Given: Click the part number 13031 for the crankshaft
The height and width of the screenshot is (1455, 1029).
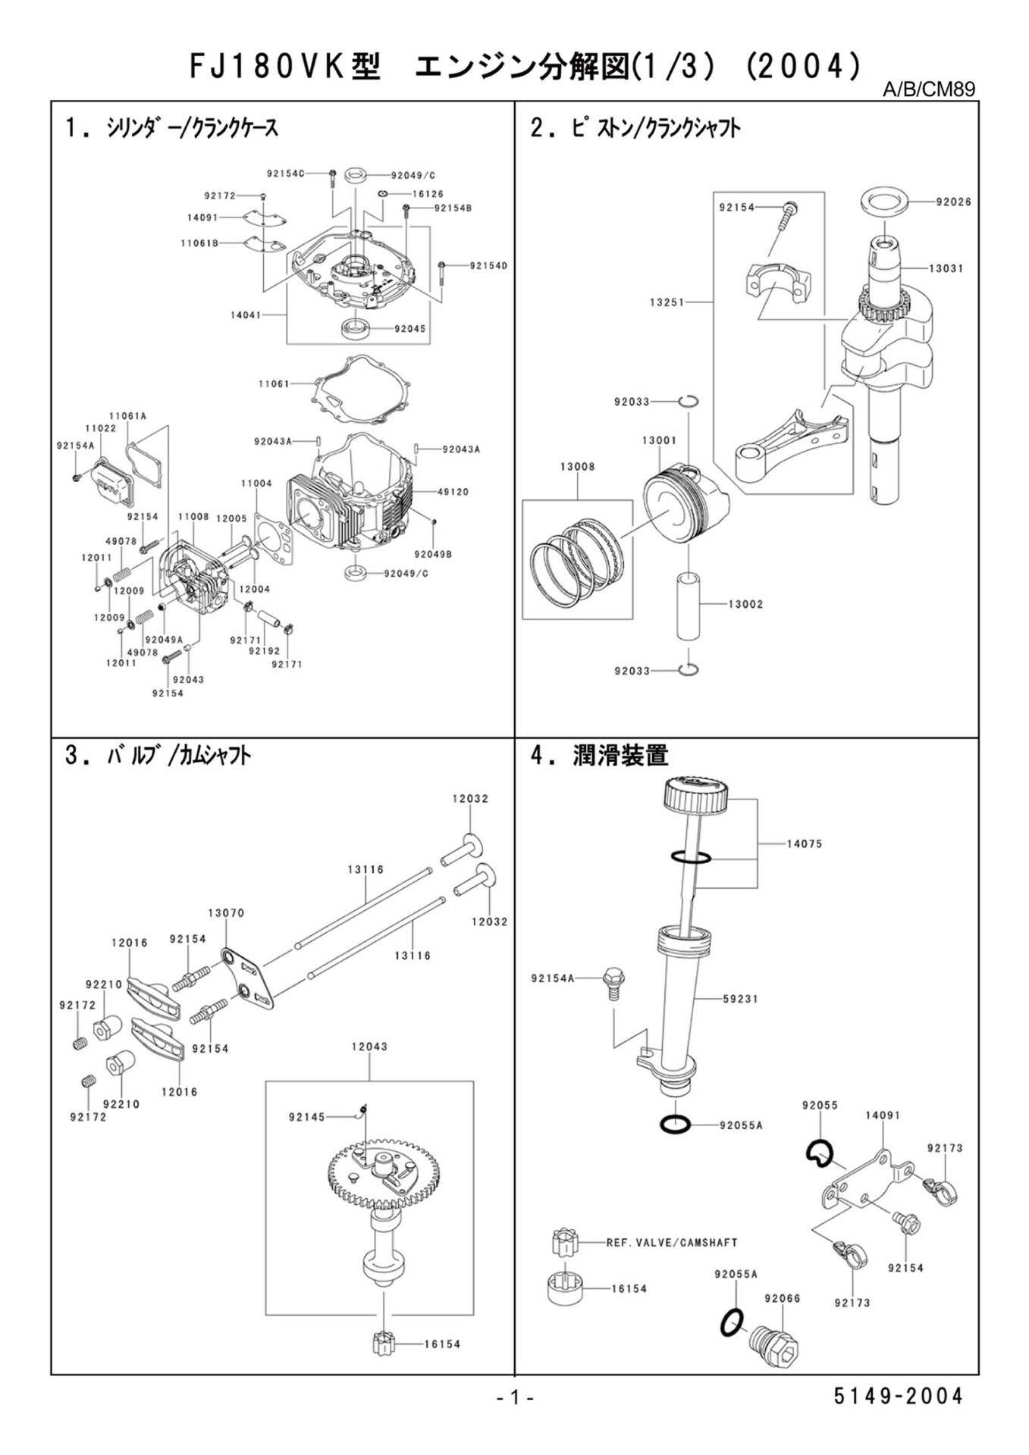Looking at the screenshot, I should click(x=945, y=268).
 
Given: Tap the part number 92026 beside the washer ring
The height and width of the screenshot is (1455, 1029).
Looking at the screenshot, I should click(x=952, y=202).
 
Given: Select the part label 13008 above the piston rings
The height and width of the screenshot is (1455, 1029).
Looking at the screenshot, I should click(x=577, y=467).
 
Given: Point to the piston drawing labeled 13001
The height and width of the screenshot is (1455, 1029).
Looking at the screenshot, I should click(x=685, y=504).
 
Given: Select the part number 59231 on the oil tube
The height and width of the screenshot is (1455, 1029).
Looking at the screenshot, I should click(x=740, y=999).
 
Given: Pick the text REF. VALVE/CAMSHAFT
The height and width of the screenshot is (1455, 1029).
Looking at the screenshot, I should click(x=672, y=1243).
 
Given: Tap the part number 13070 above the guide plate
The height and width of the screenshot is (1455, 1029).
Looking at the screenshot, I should click(x=226, y=913).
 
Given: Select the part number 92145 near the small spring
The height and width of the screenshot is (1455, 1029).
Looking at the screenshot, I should click(x=306, y=1116).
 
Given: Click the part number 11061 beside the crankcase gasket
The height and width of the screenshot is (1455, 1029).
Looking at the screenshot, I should click(x=274, y=384).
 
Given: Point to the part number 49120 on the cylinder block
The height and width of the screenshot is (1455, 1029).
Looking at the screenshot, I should click(x=453, y=492).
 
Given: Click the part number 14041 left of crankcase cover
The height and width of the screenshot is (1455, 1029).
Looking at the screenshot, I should click(x=246, y=314).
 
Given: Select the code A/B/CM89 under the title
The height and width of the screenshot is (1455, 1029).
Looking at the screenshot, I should click(x=928, y=90).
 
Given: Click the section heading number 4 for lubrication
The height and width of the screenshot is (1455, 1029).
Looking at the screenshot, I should click(x=538, y=756).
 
